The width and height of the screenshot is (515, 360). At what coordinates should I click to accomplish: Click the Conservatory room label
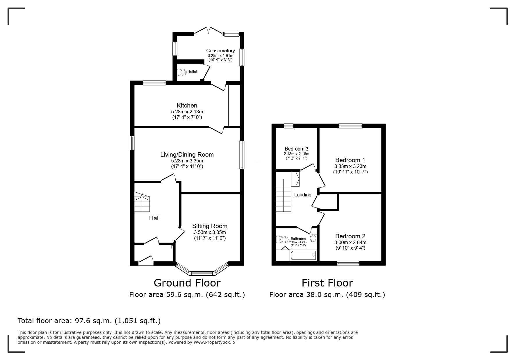[220, 51]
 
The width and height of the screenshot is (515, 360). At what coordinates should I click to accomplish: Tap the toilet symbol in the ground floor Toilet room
[182, 72]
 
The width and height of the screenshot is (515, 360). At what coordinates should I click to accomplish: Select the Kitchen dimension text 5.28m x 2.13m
[187, 112]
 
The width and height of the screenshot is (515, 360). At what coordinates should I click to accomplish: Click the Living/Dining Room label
[187, 155]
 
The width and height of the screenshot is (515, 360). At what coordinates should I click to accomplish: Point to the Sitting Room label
[209, 226]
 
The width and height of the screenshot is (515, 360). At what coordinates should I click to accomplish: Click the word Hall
[154, 218]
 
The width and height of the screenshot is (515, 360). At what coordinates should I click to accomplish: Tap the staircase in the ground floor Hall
[142, 202]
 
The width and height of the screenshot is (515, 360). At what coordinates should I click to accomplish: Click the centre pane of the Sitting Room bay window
[202, 273]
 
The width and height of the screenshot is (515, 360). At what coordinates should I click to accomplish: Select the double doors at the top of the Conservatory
[209, 31]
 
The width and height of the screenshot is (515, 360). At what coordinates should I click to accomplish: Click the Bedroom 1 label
[350, 160]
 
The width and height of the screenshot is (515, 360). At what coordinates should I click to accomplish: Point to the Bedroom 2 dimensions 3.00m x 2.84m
[350, 242]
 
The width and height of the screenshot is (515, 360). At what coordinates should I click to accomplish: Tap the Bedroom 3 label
[296, 149]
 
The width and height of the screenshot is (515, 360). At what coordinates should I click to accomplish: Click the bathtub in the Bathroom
[303, 256]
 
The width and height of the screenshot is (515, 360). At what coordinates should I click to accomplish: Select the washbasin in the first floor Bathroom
[313, 239]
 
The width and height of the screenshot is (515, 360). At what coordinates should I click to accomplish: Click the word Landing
[302, 195]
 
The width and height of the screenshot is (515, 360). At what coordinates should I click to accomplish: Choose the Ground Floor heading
[187, 283]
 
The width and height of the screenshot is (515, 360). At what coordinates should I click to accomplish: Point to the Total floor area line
[89, 321]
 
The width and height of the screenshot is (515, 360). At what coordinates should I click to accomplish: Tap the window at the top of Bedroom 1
[350, 126]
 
